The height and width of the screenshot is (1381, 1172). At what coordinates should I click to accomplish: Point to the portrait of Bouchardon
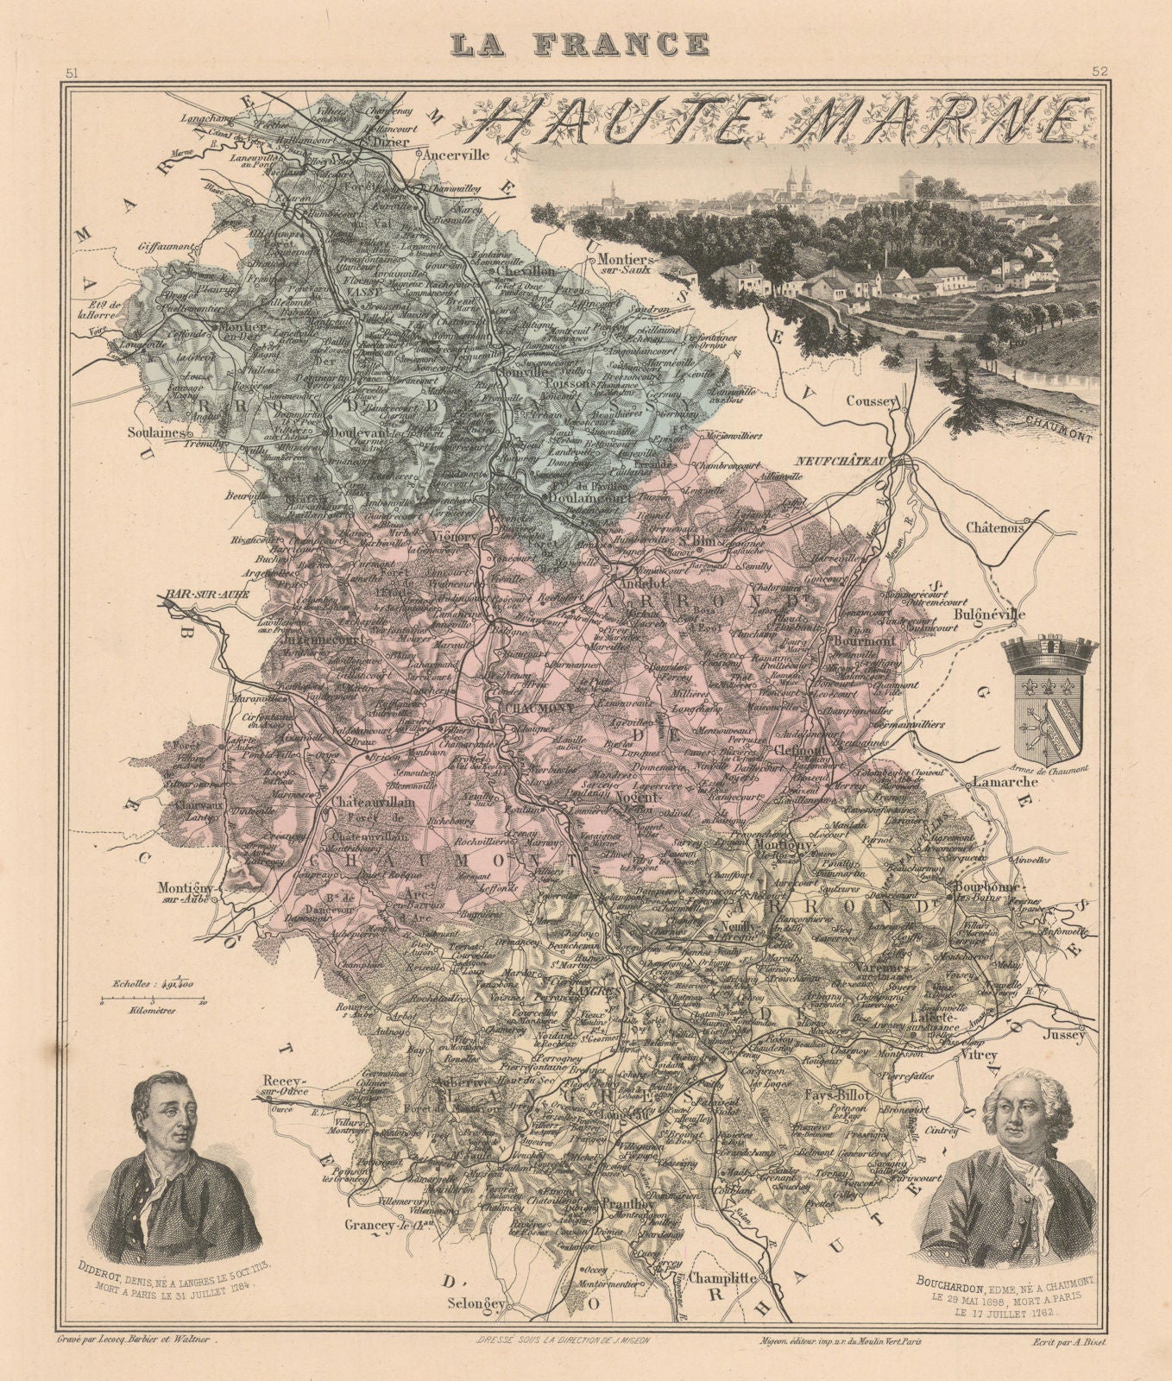1008,1170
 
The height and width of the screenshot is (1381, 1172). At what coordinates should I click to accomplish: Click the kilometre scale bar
152,1002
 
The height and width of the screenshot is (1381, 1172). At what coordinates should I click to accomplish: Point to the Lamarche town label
1004,783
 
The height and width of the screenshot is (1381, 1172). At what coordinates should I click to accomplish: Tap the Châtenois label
994,527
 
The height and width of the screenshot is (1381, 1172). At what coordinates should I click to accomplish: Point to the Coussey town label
873,401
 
